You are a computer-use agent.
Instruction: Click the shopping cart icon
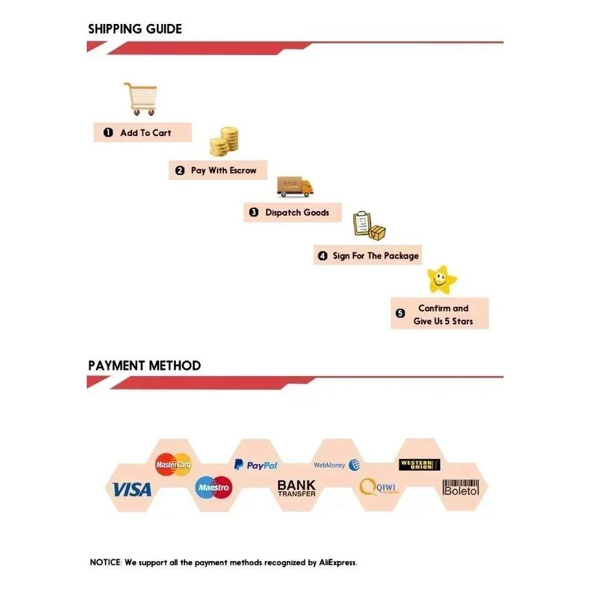(140, 99)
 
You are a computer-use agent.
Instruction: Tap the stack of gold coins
(224, 141)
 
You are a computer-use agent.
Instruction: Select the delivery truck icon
(295, 186)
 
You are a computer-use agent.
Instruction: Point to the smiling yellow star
(442, 279)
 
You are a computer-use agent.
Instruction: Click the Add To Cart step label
(142, 133)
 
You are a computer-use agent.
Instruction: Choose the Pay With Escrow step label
(217, 171)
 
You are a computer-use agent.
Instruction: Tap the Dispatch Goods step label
(293, 212)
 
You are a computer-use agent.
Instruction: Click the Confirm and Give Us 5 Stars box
(440, 314)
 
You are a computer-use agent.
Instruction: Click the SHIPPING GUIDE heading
(135, 29)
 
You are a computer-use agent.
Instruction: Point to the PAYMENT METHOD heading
(144, 366)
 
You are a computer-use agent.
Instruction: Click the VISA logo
(132, 489)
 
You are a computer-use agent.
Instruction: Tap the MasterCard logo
(173, 464)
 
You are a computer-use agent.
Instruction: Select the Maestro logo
(214, 487)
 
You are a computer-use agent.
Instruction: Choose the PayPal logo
(256, 465)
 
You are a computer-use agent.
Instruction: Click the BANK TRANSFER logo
(296, 488)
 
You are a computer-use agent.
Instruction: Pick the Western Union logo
(419, 464)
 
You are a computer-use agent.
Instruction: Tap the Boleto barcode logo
(461, 488)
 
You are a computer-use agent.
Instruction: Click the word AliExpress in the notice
(337, 563)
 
